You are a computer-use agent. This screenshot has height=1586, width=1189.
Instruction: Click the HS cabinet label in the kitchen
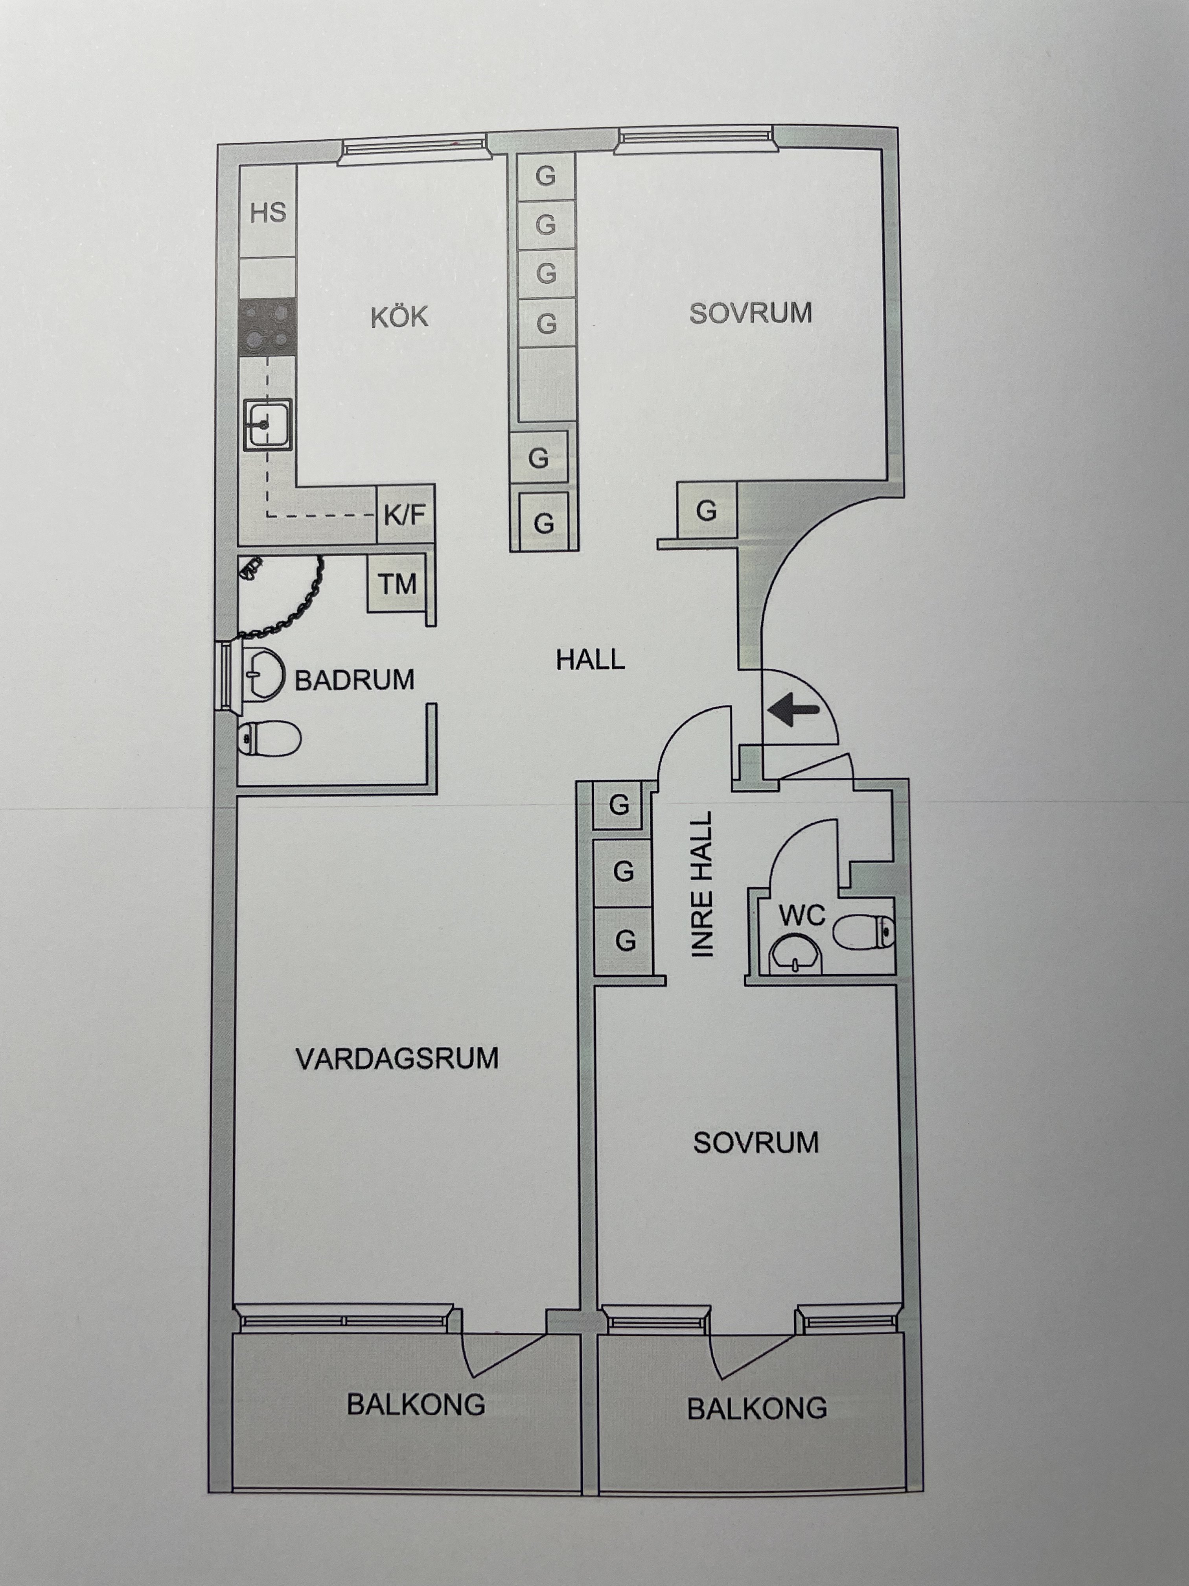268,212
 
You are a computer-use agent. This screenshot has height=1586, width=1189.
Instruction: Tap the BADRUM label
355,680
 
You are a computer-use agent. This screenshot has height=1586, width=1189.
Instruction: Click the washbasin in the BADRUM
259,674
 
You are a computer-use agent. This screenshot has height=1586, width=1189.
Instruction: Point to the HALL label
591,659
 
